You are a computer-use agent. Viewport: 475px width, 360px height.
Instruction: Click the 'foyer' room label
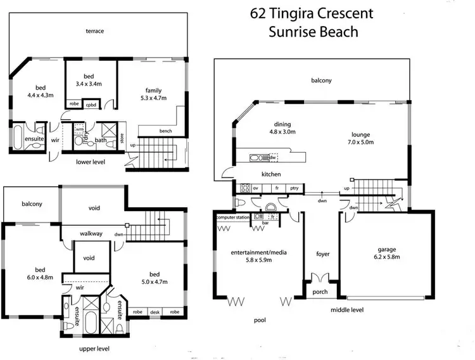pos(323,254)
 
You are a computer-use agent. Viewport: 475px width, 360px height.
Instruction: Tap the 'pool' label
pos(260,321)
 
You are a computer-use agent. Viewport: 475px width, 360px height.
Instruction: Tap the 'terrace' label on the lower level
pos(95,30)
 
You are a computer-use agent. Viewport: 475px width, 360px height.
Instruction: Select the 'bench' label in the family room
pos(166,131)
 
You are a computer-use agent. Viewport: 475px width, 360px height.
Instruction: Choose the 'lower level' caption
pos(91,162)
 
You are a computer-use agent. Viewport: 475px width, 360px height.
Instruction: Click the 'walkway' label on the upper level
pos(91,233)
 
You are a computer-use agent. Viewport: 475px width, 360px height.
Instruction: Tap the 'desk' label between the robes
pos(155,312)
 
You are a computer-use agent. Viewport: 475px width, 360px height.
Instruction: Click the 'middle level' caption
pos(347,310)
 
